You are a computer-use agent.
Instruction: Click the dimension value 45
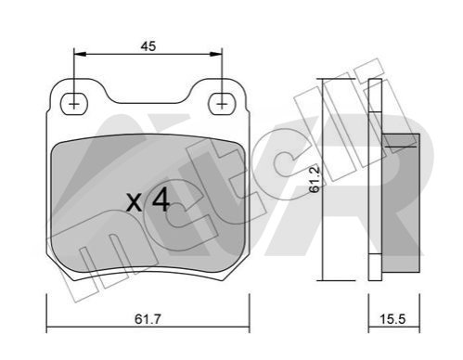(148, 46)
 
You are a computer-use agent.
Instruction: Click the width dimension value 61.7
(148, 319)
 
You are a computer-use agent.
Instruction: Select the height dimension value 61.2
(315, 180)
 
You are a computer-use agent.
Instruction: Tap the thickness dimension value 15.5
(392, 319)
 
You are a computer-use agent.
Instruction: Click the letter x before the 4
(135, 203)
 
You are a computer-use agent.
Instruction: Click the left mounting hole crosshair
(74, 104)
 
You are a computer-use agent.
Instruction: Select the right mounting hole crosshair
(222, 104)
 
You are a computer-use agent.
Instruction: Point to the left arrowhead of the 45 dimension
(80, 54)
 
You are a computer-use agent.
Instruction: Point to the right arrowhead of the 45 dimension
(216, 54)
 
